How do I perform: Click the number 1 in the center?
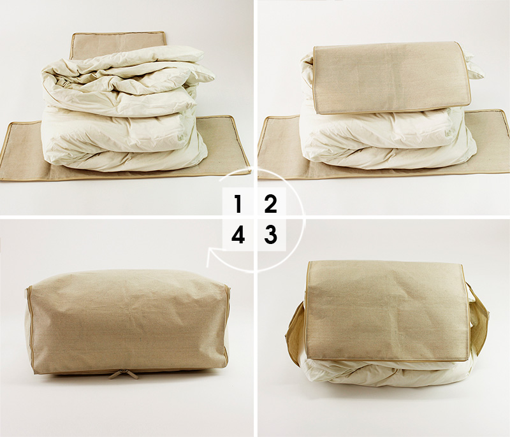coord(238,204)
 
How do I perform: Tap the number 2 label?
coord(270,204)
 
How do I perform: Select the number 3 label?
coord(270,234)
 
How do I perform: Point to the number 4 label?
coord(238,234)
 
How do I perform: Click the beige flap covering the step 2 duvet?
coord(392,77)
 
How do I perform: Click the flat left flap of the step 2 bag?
coord(280,147)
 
